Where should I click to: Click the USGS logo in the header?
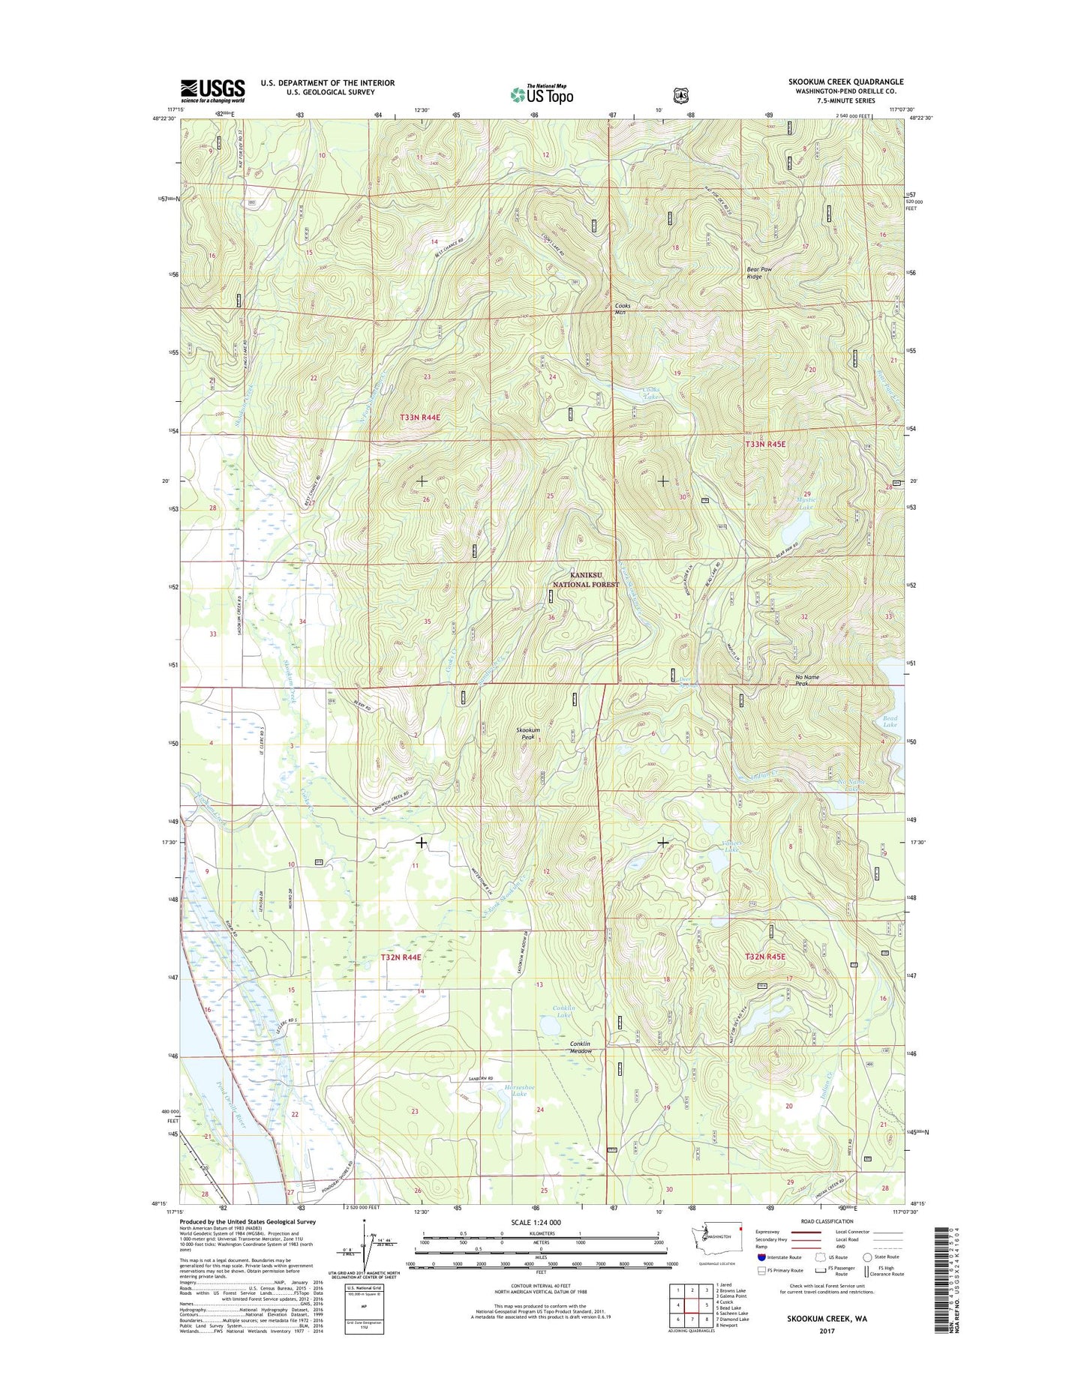[x=212, y=91]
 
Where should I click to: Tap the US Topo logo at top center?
[x=542, y=94]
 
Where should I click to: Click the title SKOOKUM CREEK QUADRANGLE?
[x=845, y=82]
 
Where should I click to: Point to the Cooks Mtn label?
[x=622, y=309]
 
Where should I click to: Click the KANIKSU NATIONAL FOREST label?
[x=586, y=579]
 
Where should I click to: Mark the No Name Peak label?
[x=806, y=680]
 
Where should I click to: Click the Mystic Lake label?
[x=805, y=503]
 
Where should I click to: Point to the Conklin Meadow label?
[x=580, y=1047]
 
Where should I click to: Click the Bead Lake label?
[x=890, y=721]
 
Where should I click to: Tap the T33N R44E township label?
[x=420, y=418]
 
